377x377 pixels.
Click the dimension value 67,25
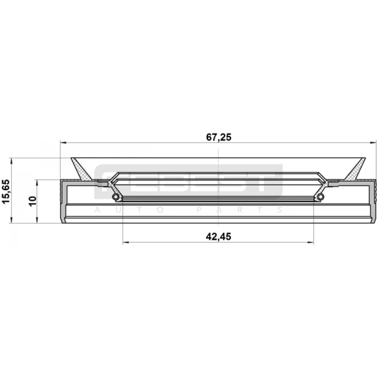[219, 137]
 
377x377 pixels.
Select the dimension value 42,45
[218, 237]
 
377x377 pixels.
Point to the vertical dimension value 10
[32, 201]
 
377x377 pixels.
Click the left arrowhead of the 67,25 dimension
[63, 143]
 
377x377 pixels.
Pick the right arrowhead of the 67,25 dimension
[373, 143]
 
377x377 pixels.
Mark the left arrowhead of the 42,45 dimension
[126, 243]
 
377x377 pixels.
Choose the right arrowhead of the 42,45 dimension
[310, 243]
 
